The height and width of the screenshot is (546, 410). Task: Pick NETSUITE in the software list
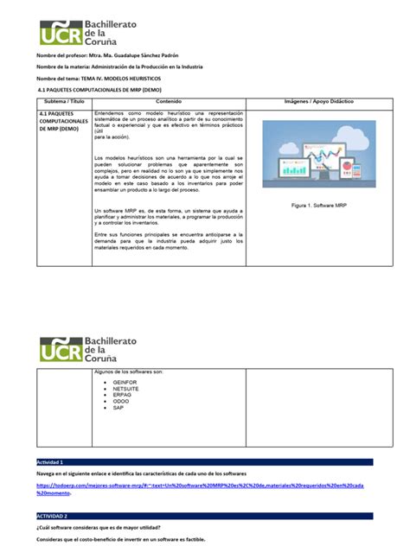pos(126,388)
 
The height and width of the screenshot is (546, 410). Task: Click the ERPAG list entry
pos(123,395)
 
